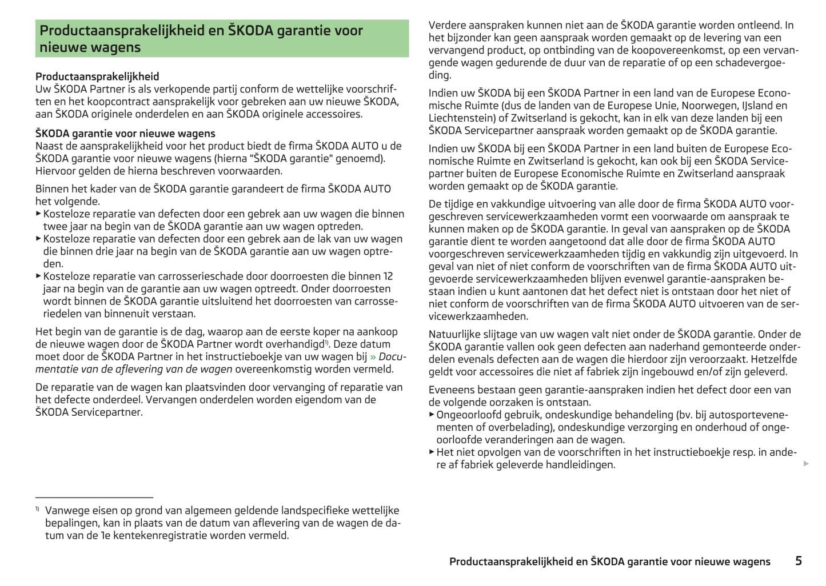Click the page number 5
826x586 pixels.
pyautogui.click(x=799, y=561)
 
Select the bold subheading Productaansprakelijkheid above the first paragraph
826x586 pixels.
pyautogui.click(x=97, y=77)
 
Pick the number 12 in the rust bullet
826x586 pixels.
pyautogui.click(x=388, y=276)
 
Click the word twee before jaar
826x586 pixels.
pyautogui.click(x=55, y=227)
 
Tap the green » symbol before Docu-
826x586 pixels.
pyautogui.click(x=373, y=357)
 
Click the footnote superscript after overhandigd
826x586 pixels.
pyautogui.click(x=326, y=342)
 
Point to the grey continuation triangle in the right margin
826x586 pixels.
pyautogui.click(x=806, y=463)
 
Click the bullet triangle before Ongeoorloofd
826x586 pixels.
pyautogui.click(x=432, y=415)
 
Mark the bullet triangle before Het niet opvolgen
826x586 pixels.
pyautogui.click(x=432, y=452)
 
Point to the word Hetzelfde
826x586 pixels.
pyautogui.click(x=772, y=360)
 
